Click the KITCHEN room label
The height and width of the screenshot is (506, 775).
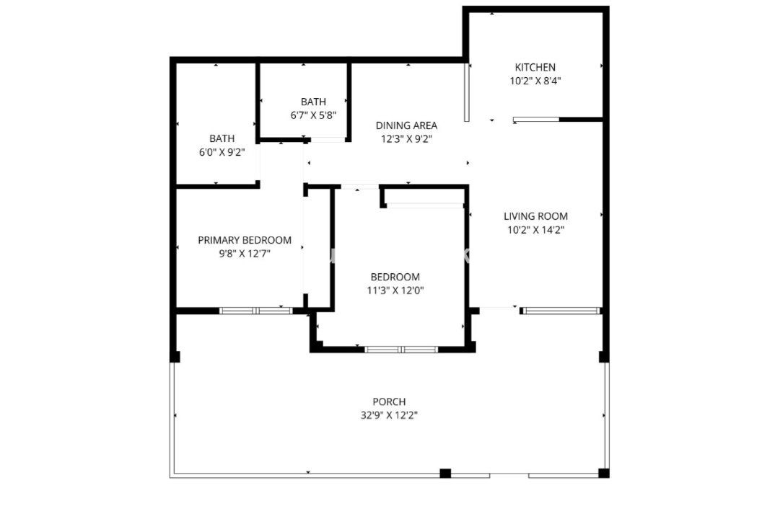(x=535, y=68)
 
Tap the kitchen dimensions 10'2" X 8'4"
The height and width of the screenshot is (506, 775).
(x=535, y=81)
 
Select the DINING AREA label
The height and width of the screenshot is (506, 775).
(x=406, y=125)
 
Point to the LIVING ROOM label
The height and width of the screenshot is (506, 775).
(x=535, y=216)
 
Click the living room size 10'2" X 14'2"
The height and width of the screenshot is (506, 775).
(x=535, y=230)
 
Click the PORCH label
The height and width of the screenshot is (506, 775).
(x=389, y=401)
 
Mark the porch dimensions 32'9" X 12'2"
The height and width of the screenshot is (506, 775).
(x=389, y=415)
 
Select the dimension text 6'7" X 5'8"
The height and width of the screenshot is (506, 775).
(x=313, y=115)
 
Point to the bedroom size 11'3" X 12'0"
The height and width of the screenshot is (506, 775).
(x=395, y=290)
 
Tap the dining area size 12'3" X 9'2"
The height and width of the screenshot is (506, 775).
(x=406, y=139)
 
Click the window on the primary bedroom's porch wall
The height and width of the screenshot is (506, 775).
(x=255, y=311)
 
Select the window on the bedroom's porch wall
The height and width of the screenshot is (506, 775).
(x=401, y=350)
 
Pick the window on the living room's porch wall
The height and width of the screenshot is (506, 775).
(x=561, y=311)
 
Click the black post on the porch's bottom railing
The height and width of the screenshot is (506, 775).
(x=445, y=474)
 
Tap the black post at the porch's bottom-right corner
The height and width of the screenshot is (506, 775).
(x=604, y=474)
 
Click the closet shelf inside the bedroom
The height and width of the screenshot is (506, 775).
(x=424, y=205)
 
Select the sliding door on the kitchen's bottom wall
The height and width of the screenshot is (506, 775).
(x=536, y=119)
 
